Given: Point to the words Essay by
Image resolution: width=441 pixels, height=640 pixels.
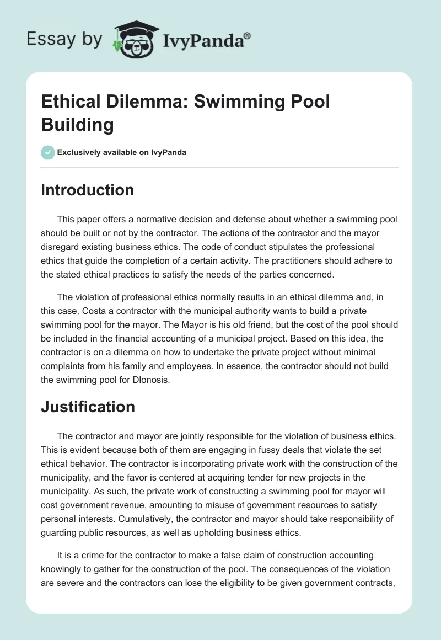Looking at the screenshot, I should coord(64,40).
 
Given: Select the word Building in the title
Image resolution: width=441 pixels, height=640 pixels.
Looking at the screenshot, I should coord(77,124).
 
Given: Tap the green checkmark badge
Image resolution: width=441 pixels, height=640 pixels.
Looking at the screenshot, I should coord(48,152).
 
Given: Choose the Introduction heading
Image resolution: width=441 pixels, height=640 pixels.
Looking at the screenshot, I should coord(88,190).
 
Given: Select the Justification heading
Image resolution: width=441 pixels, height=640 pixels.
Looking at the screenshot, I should coord(88,407).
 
